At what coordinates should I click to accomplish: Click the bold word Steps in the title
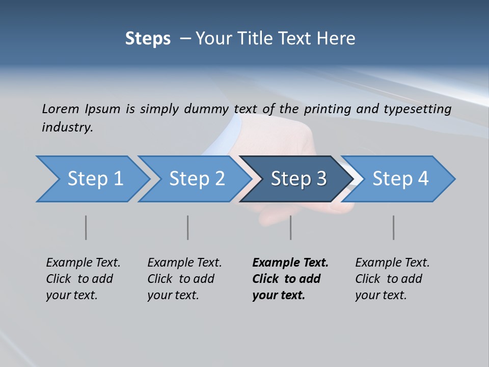tap(148, 39)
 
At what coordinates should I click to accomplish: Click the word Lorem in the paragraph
tap(60, 109)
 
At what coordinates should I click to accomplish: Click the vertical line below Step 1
tap(86, 227)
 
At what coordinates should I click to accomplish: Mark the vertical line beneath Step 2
tap(188, 227)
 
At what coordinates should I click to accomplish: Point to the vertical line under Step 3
tap(291, 227)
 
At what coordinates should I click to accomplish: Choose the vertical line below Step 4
tap(394, 227)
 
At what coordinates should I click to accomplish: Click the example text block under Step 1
tap(83, 279)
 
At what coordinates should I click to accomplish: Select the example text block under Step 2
tap(184, 279)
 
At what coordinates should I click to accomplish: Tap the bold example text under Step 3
tap(290, 279)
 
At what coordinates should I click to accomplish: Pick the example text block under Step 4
tap(392, 279)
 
